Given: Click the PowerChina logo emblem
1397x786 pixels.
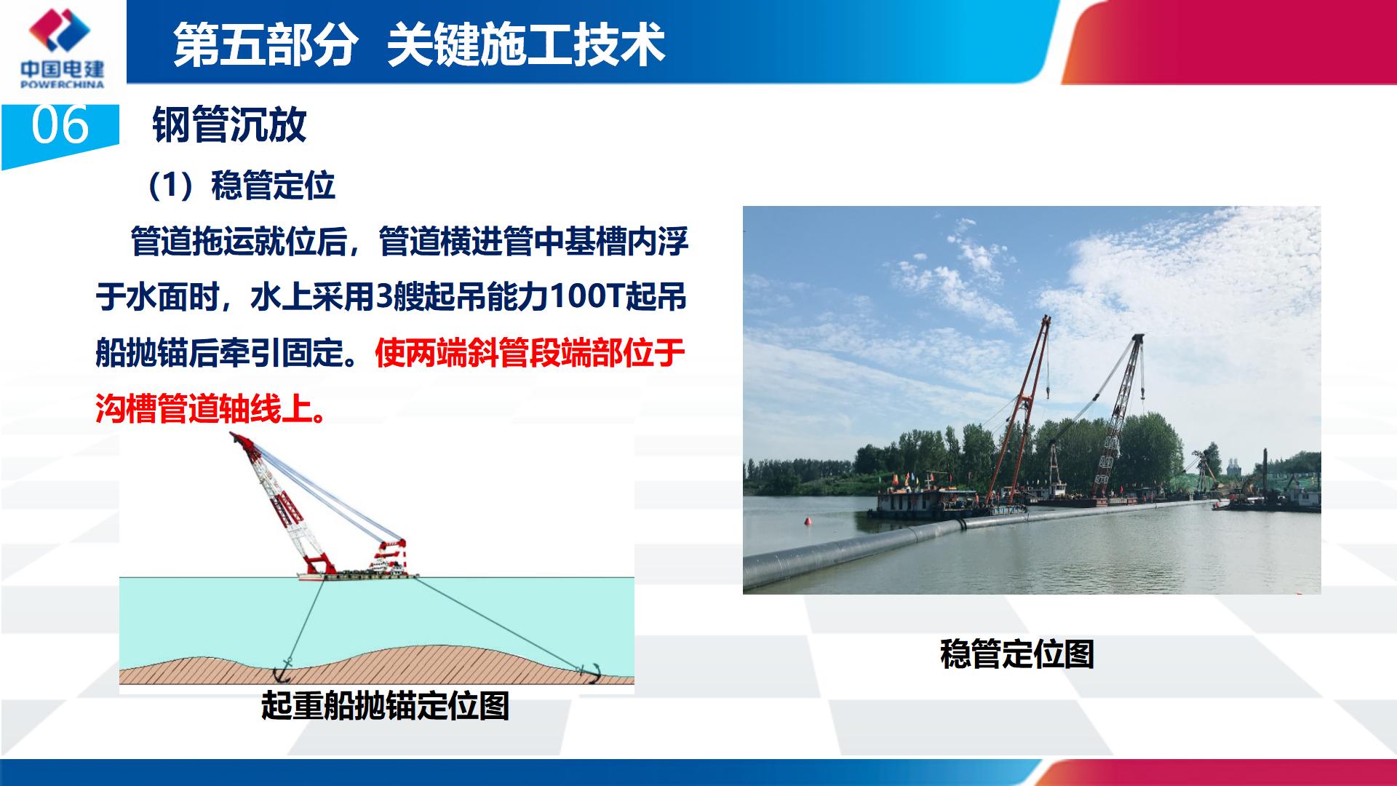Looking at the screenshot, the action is [60, 30].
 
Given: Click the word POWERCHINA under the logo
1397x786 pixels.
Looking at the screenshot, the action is [63, 84].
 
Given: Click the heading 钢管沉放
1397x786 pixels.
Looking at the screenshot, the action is [229, 124].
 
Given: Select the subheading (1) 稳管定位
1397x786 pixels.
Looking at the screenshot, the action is [241, 186].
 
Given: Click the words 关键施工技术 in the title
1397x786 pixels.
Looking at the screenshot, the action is [526, 45].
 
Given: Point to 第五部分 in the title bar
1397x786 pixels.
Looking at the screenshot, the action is [266, 45].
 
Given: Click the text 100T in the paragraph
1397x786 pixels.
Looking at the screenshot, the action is [586, 297].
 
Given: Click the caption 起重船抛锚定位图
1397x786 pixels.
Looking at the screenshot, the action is [385, 705].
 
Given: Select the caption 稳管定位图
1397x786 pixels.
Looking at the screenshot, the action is [1017, 654].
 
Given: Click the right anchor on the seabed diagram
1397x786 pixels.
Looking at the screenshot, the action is [589, 673].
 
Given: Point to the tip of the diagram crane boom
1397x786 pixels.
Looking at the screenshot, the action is [232, 435].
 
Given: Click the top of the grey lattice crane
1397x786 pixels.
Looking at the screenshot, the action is [1137, 339].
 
